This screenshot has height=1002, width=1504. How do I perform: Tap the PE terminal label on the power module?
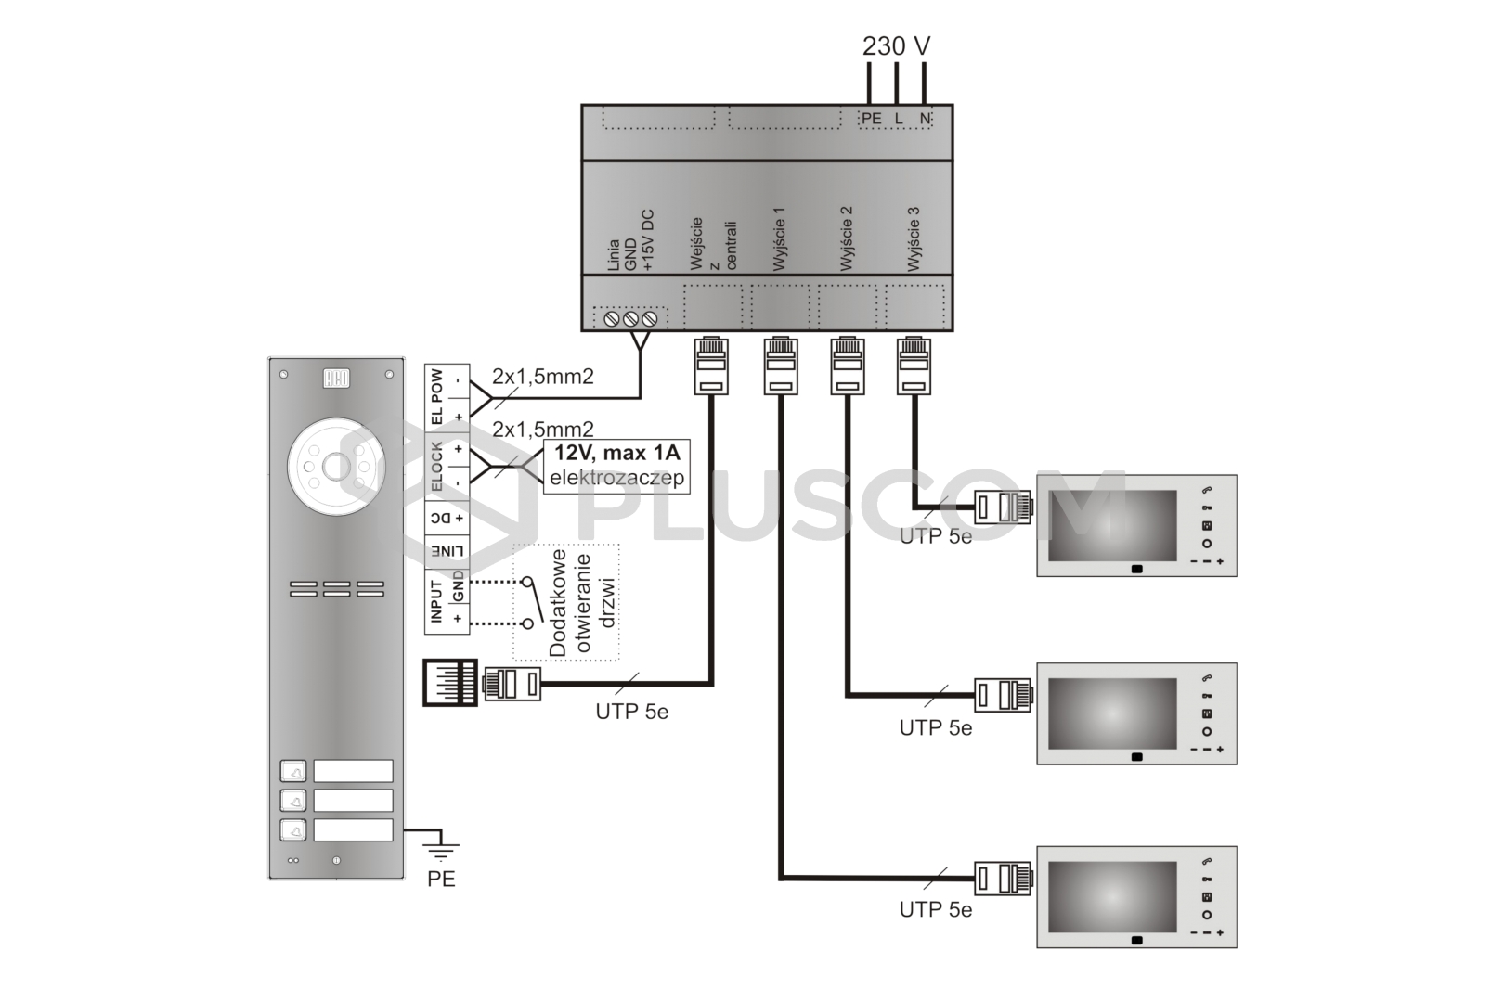(x=871, y=119)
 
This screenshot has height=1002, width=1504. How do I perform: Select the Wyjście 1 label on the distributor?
(x=780, y=239)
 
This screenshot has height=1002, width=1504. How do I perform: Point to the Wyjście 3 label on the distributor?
(x=914, y=239)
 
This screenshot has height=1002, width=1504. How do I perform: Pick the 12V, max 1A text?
(x=616, y=454)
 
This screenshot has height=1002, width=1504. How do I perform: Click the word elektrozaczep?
(x=616, y=478)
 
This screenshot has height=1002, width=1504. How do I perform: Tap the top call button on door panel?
(x=293, y=771)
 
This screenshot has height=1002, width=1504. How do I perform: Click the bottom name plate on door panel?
(x=353, y=829)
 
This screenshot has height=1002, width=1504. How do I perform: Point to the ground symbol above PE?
(x=442, y=846)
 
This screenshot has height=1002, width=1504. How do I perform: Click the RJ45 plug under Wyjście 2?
(x=847, y=366)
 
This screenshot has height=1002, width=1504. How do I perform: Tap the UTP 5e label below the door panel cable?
(x=631, y=713)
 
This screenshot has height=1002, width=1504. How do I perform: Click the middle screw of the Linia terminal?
(x=630, y=319)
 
